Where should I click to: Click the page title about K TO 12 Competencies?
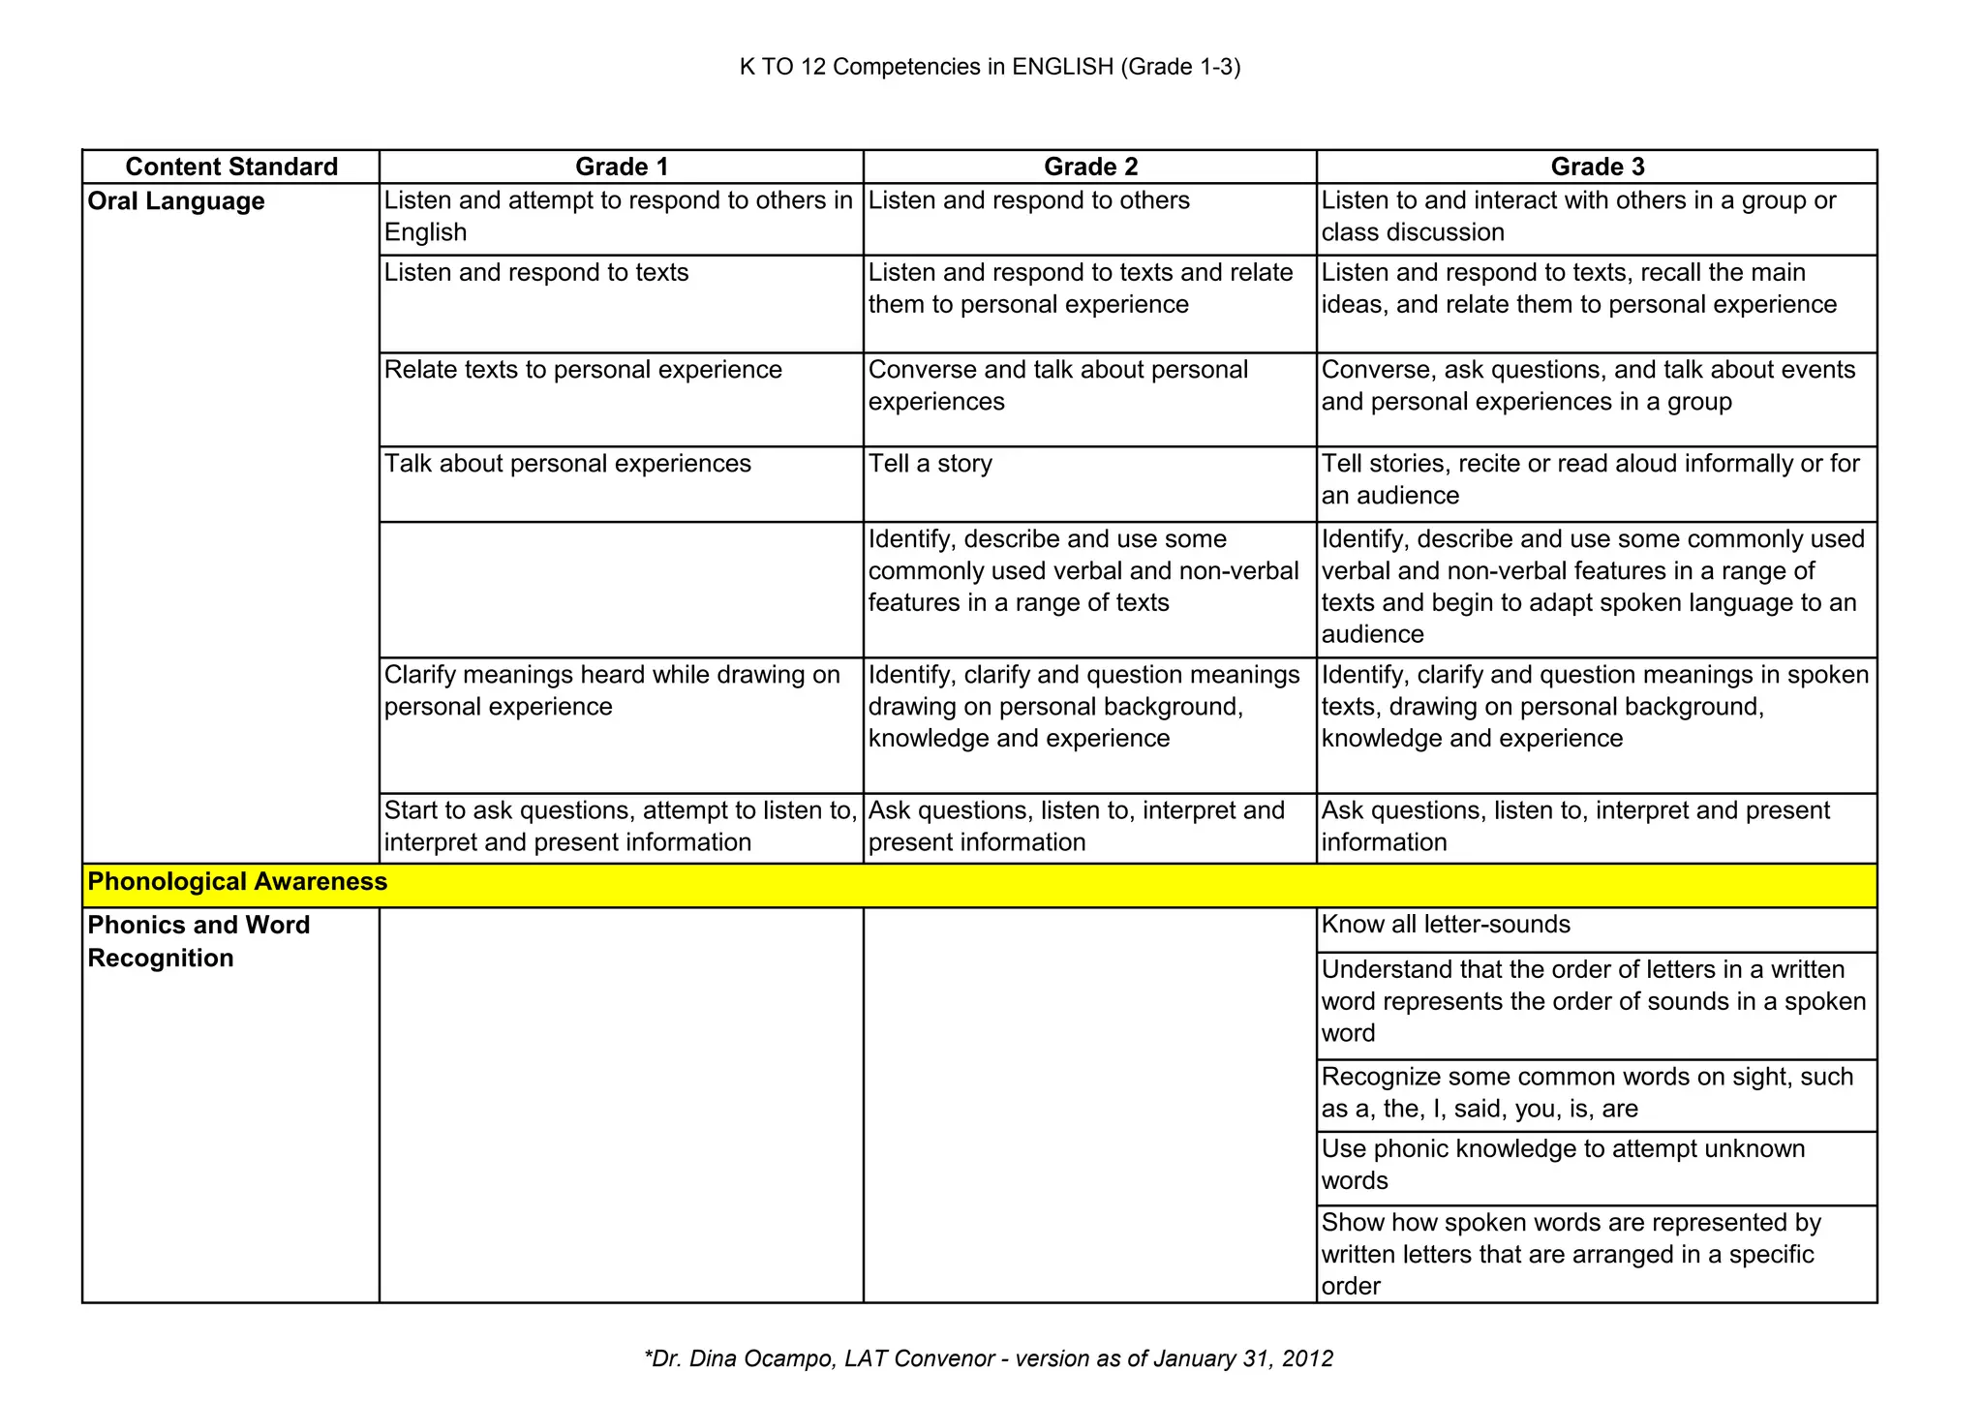click(x=990, y=67)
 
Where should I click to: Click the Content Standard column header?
click(x=231, y=167)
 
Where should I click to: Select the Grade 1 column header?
click(x=621, y=167)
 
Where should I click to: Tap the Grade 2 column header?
click(x=1090, y=167)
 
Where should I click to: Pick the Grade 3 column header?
click(x=1597, y=167)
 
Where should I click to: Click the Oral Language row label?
click(x=176, y=201)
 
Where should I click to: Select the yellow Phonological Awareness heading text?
click(x=237, y=882)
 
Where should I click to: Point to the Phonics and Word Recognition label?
click(x=198, y=941)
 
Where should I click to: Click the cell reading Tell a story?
click(x=930, y=464)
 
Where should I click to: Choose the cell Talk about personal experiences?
click(x=567, y=464)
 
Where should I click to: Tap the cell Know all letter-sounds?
click(x=1446, y=925)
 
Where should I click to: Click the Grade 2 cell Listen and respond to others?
click(x=1028, y=200)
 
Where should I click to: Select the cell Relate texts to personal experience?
click(x=583, y=370)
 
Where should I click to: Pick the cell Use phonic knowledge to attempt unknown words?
click(x=1563, y=1165)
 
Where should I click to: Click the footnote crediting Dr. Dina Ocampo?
click(x=989, y=1358)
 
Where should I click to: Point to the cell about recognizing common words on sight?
click(x=1587, y=1092)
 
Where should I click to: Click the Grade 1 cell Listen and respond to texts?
click(x=536, y=273)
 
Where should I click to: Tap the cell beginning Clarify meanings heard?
click(x=612, y=690)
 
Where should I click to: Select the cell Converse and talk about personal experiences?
click(x=1057, y=385)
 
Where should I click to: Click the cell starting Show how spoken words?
click(x=1571, y=1254)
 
